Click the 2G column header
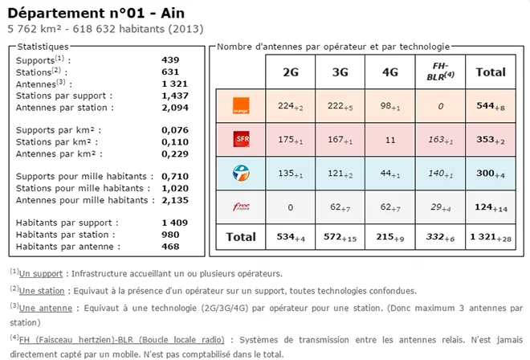click(291, 72)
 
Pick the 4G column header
click(390, 72)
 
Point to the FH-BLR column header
click(439, 72)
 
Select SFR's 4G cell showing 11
click(390, 140)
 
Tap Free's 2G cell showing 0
click(291, 207)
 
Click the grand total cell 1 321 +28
click(491, 237)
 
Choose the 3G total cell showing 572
click(340, 237)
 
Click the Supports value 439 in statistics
click(170, 60)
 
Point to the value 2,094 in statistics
click(175, 107)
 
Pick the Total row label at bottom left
click(240, 237)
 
